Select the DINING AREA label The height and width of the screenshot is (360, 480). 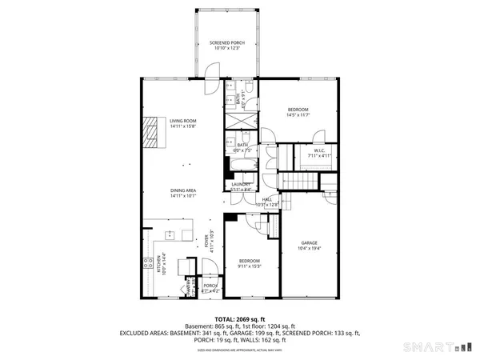[183, 190]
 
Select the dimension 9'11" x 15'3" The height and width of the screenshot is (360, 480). [249, 266]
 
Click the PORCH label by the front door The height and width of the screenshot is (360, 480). [210, 286]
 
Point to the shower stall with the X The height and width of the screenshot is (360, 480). [240, 122]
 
